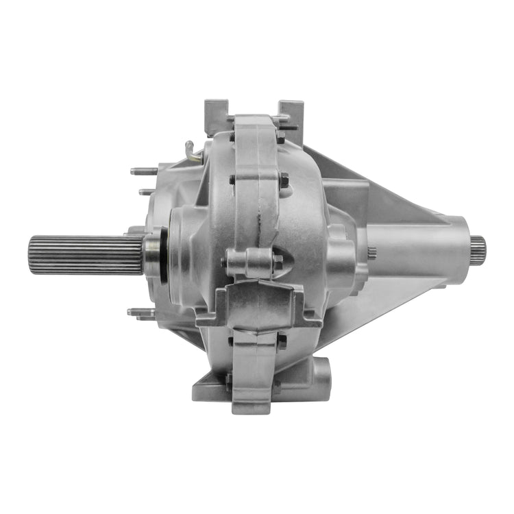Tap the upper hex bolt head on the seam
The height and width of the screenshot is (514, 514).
(283, 180)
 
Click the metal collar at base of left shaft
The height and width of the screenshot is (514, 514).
(151, 254)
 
